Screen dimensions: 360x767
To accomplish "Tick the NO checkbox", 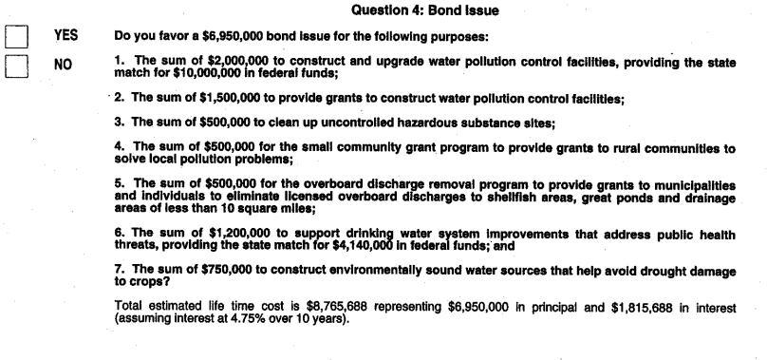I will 17,67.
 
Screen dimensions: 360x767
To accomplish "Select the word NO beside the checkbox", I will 64,68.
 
